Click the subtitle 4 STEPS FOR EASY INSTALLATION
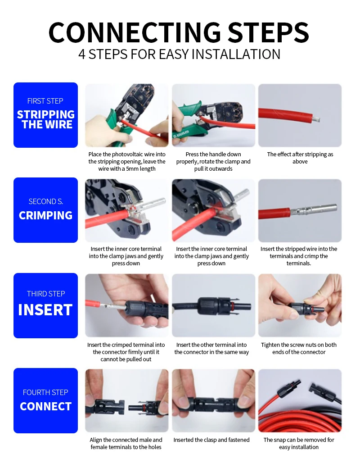179,54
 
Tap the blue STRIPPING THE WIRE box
45,115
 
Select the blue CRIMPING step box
45,210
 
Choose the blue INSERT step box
45,305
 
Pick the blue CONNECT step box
45,401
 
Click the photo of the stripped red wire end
300,115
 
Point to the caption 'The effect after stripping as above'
300,158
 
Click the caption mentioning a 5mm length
127,162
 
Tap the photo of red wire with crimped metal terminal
300,210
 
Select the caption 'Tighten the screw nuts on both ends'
299,349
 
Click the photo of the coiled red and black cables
300,401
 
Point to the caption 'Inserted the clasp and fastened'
211,440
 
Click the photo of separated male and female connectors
127,401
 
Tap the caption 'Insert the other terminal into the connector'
211,349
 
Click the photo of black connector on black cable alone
213,305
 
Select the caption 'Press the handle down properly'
213,162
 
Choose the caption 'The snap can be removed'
299,444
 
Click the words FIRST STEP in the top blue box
45,101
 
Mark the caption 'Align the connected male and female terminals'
126,444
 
